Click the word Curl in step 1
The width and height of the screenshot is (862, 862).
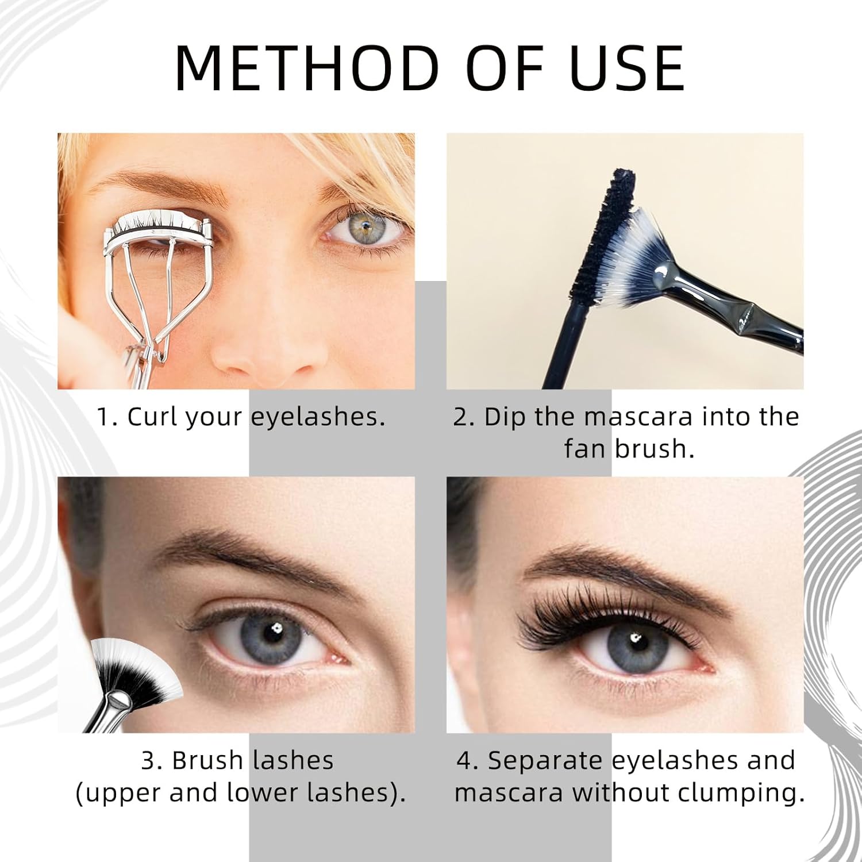coord(153,416)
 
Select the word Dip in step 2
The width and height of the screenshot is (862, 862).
coord(505,416)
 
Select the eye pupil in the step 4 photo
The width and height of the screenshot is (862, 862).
coord(633,637)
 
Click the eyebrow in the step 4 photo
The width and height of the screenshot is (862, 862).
coord(621,566)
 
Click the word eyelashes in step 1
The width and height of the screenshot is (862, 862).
coord(317,416)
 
